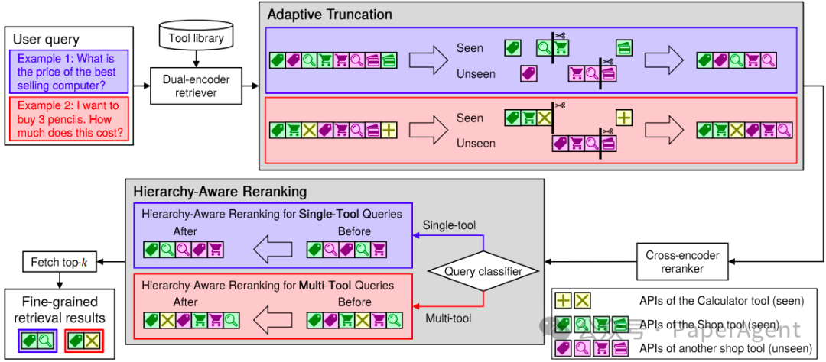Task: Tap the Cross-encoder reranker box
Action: point(674,262)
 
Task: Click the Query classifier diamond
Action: point(483,271)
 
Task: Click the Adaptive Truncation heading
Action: point(330,15)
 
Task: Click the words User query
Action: point(47,39)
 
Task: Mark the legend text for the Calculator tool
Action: point(721,300)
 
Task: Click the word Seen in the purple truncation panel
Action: point(470,48)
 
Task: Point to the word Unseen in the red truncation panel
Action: point(476,143)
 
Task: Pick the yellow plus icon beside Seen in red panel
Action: point(624,118)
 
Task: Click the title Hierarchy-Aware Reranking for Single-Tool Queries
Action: point(272,214)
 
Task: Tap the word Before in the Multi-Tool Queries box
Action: point(354,302)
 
